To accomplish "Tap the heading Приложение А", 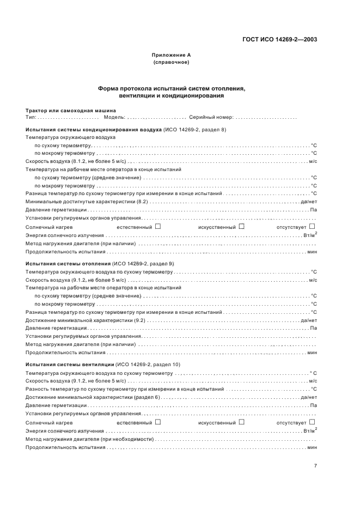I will coord(171,55).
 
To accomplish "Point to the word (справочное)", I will coord(171,62).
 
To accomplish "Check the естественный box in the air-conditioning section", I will coord(158,226).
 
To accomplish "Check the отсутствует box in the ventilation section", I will coord(312,422).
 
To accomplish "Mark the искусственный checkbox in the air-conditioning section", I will coord(241,226).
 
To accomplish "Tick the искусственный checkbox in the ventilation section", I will coord(241,422).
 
